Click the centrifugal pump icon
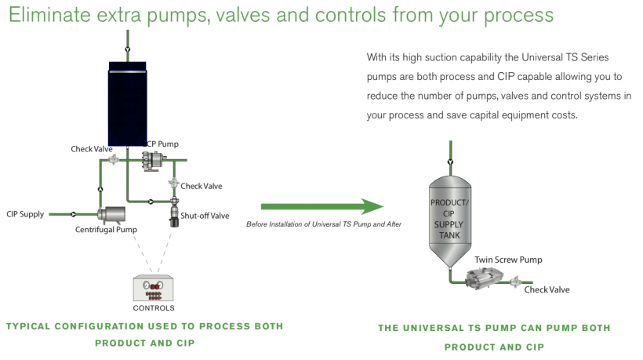pos(113,213)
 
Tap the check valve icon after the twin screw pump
pos(516,281)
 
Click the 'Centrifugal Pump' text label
pos(106,230)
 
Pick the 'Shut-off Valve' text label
pos(205,216)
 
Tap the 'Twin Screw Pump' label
pos(508,260)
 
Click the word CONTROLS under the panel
pos(154,308)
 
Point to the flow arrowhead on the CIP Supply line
pos(74,213)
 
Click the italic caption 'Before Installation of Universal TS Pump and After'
pos(324,224)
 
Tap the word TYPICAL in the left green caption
pos(31,325)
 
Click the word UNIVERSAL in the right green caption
pos(449,328)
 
